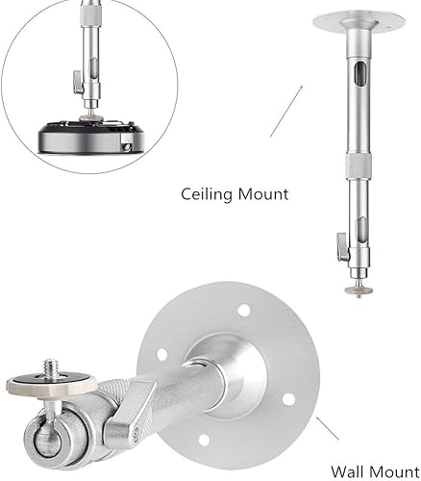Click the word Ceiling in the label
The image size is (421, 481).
tap(207, 194)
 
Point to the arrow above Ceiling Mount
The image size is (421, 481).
tap(285, 111)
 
